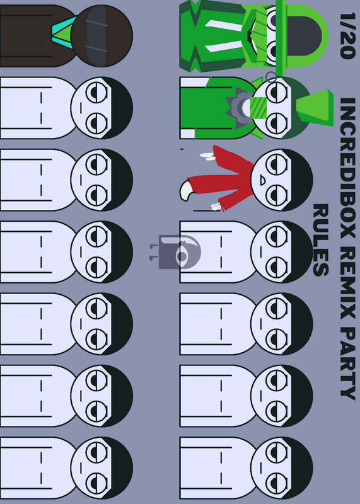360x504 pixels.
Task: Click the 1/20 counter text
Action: pyautogui.click(x=347, y=36)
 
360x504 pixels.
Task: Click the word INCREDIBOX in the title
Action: pyautogui.click(x=348, y=168)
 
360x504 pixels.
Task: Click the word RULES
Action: pyautogui.click(x=321, y=240)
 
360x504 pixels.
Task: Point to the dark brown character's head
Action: pyautogui.click(x=102, y=36)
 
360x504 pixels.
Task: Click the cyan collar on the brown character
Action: pyautogui.click(x=64, y=33)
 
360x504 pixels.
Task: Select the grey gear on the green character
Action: pyautogui.click(x=238, y=108)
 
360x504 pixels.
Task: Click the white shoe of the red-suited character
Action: pyautogui.click(x=187, y=191)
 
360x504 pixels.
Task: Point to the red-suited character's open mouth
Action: pyautogui.click(x=262, y=181)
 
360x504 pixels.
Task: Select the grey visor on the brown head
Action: pyautogui.click(x=96, y=36)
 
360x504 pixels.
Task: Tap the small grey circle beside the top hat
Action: pyautogui.click(x=271, y=77)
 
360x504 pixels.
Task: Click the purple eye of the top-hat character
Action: pyautogui.click(x=273, y=20)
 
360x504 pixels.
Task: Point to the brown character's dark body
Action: pyautogui.click(x=35, y=36)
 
